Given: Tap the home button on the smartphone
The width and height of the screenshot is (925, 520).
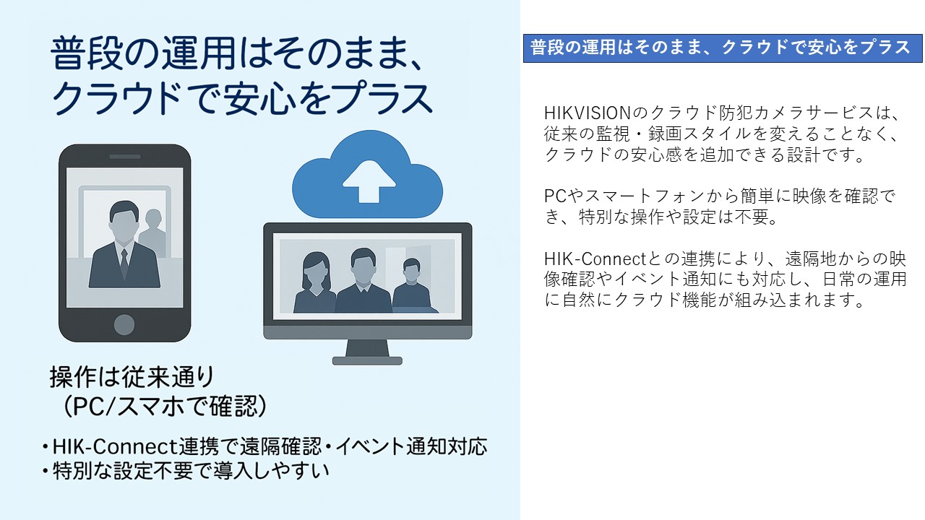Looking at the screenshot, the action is pyautogui.click(x=124, y=324).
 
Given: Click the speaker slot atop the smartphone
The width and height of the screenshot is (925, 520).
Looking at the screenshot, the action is pyautogui.click(x=125, y=157).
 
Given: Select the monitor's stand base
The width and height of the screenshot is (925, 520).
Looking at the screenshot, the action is pyautogui.click(x=367, y=361).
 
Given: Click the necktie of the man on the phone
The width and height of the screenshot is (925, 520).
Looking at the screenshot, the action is pyautogui.click(x=124, y=264).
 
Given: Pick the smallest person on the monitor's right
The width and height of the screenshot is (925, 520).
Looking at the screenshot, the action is pyautogui.click(x=413, y=285).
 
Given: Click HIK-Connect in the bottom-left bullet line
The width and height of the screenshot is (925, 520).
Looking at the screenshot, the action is pyautogui.click(x=115, y=446).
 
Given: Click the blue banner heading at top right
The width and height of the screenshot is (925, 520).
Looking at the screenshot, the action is pyautogui.click(x=723, y=48).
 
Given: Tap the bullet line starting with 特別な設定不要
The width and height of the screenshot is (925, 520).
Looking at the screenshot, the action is pyautogui.click(x=186, y=471).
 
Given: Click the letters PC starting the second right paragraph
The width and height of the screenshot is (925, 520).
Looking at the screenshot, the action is pyautogui.click(x=555, y=196).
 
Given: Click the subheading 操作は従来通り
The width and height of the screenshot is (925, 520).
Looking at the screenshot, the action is pyautogui.click(x=132, y=377).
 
